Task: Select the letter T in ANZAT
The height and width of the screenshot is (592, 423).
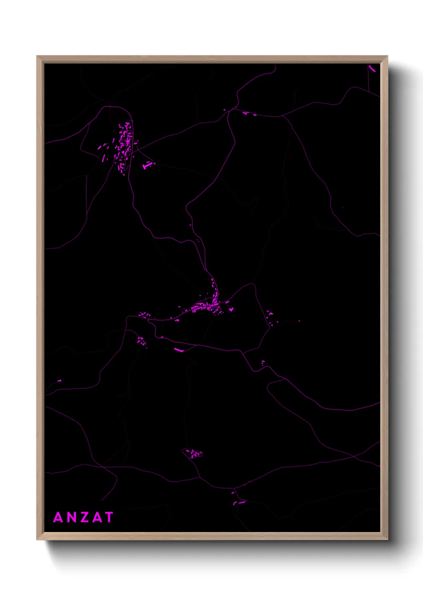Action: (x=108, y=517)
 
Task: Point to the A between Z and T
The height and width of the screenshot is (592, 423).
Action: (x=96, y=517)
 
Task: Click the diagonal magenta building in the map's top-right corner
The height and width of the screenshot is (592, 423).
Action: (x=372, y=68)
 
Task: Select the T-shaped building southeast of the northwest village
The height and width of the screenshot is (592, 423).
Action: (x=148, y=164)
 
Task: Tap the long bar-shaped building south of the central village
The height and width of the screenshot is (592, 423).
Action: (x=178, y=350)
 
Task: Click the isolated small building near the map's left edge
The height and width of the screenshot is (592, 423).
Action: (x=60, y=380)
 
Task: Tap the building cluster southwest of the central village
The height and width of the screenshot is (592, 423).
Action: (x=141, y=341)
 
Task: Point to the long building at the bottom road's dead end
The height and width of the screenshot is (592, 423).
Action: (x=240, y=502)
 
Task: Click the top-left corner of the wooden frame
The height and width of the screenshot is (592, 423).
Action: (x=37, y=56)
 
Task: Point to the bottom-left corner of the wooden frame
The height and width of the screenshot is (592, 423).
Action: (x=37, y=540)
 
